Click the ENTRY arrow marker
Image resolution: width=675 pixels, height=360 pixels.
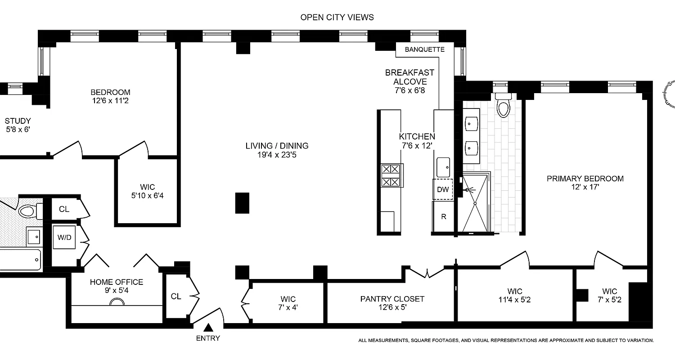pos(208,328)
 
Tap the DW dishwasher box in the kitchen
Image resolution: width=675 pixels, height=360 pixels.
pos(443,189)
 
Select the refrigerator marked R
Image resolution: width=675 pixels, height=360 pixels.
pos(443,216)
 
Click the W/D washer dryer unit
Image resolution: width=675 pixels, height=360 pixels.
pos(63,237)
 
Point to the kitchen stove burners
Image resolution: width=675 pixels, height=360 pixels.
pos(391,175)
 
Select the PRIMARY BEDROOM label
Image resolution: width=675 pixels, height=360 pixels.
pos(585,179)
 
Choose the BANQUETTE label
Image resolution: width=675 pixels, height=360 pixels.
pos(424,49)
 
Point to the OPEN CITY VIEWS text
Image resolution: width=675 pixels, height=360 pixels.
pos(337,18)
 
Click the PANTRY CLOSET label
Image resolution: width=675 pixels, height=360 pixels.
pos(392,299)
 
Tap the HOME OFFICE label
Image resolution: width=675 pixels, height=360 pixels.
pos(117,282)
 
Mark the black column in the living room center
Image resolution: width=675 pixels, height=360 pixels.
pos(242,202)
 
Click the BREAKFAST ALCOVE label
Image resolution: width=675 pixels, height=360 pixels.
pos(409,77)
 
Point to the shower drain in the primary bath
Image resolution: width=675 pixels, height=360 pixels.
pos(475,203)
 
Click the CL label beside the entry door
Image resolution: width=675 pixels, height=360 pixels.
pos(176,296)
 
